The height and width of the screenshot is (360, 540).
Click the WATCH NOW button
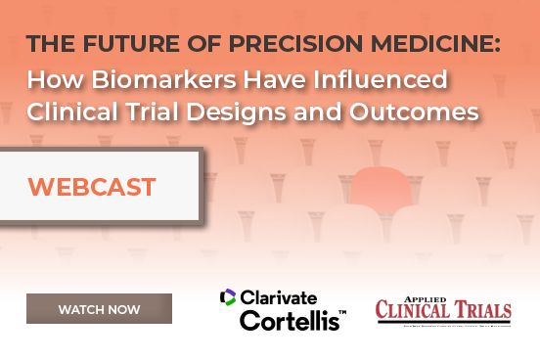[x=99, y=309]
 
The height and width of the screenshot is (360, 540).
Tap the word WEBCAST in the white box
[x=92, y=187]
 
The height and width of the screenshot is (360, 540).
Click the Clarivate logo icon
[x=228, y=296]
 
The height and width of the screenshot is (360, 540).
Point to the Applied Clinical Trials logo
[x=443, y=308]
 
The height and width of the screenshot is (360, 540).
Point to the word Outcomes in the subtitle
[x=424, y=112]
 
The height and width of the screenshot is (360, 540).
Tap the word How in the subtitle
[x=51, y=78]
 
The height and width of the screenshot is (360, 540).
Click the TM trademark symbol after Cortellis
[x=341, y=312]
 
